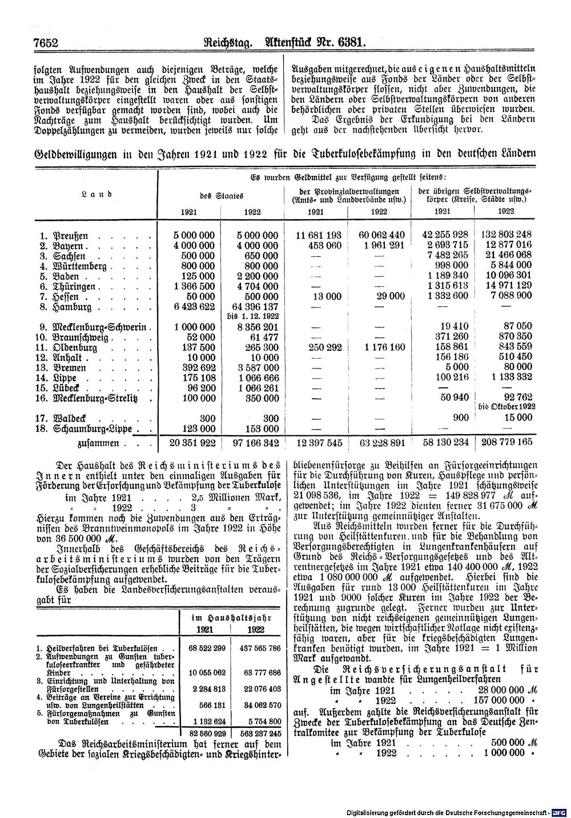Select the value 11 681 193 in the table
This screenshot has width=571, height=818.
318,235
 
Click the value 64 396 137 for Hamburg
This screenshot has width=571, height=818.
252,307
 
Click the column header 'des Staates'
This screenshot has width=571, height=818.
222,195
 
